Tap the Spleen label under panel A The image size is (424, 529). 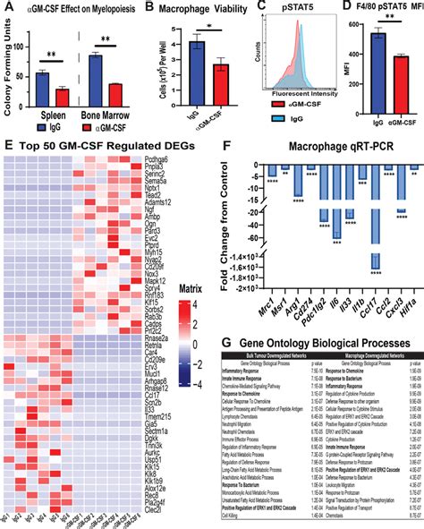50,117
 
